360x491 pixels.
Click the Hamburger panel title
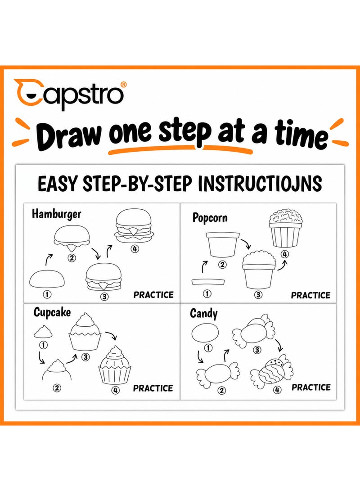56,214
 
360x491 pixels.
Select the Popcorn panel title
210,218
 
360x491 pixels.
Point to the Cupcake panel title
52,312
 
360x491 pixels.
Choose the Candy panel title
203,313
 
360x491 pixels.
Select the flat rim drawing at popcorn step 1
209,282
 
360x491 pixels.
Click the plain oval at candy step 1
205,333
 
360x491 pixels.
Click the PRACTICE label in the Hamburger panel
153,295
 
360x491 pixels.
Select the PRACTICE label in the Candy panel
311,387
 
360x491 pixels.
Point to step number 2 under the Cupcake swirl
57,388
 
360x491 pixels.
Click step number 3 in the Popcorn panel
258,295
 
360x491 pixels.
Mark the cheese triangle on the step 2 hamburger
72,247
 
